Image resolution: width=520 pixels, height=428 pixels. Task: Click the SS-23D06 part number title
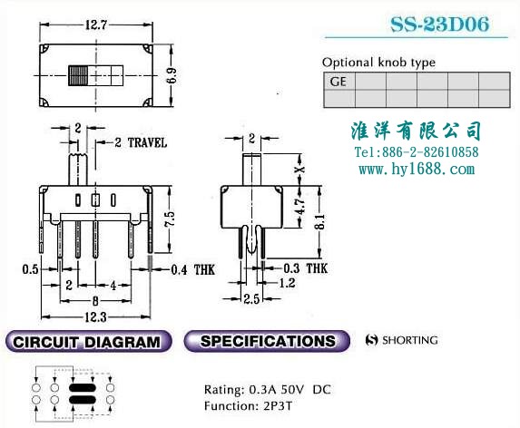point(439,24)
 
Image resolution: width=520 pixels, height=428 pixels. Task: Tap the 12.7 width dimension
point(96,24)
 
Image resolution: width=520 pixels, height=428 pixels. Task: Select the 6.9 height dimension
point(172,76)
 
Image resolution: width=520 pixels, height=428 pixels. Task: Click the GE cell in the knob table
point(338,82)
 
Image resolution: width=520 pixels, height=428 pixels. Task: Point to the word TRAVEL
point(147,142)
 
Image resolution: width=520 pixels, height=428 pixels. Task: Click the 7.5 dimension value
point(170,219)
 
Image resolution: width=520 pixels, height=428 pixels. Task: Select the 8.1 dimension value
point(319,221)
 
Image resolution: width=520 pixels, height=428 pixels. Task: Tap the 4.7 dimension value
point(299,207)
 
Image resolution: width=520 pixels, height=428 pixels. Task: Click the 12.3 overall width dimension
point(95,317)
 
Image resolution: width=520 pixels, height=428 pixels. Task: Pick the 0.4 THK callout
point(193,269)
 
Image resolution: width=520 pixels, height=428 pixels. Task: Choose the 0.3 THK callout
point(306,268)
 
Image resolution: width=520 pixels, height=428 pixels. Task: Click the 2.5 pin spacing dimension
point(251,299)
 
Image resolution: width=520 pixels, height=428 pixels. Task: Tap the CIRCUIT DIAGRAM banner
point(88,342)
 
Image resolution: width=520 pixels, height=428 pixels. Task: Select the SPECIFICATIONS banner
point(267,341)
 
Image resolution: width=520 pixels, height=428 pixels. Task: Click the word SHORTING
point(410,340)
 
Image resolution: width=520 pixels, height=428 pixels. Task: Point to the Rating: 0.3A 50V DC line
point(268,390)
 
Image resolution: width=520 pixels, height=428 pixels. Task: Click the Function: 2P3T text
point(248,406)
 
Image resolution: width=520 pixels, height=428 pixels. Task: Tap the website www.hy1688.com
point(417,169)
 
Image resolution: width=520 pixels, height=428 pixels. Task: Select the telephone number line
point(417,152)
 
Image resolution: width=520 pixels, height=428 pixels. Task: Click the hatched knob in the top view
point(78,76)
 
